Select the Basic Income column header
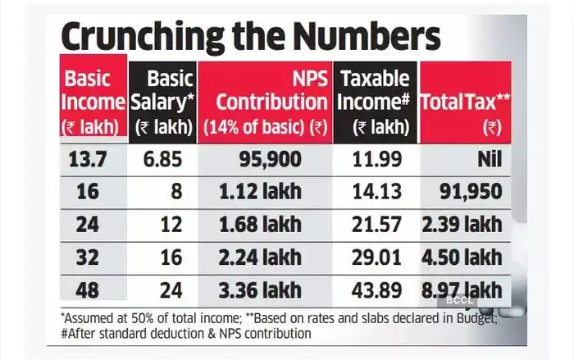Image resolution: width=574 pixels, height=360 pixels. [93, 103]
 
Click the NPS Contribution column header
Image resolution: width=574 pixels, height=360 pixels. [264, 103]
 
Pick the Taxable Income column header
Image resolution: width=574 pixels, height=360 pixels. [373, 103]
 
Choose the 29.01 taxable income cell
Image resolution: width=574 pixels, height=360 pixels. [378, 257]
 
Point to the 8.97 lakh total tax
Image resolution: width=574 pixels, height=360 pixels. [465, 289]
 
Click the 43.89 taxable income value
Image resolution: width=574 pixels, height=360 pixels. [378, 289]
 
